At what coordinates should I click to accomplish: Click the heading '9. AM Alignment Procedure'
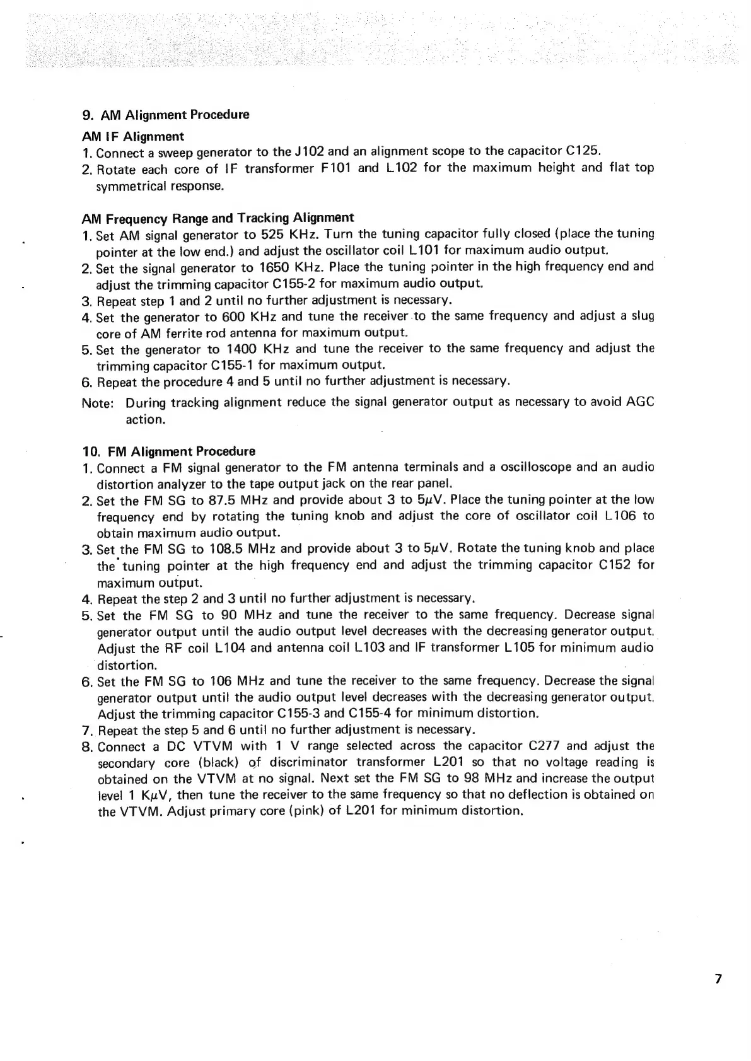pos(166,115)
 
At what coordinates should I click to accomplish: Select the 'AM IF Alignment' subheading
pos(133,137)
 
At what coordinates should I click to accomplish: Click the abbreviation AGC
pos(639,402)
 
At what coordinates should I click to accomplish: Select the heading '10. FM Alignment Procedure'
pos(169,451)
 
